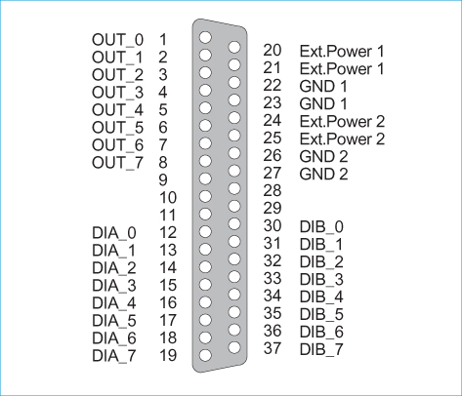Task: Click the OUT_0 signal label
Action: pyautogui.click(x=117, y=40)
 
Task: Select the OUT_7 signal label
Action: pyautogui.click(x=117, y=163)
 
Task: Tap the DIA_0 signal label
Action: pyautogui.click(x=114, y=233)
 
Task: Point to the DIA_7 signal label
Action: pyautogui.click(x=114, y=356)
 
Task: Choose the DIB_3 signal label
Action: pyautogui.click(x=321, y=280)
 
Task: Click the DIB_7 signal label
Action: pyautogui.click(x=321, y=350)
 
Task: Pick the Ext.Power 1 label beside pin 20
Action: pyautogui.click(x=342, y=52)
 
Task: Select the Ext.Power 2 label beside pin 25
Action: pyautogui.click(x=342, y=139)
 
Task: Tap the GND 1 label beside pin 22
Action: pyautogui.click(x=323, y=87)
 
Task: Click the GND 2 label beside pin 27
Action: pyautogui.click(x=323, y=175)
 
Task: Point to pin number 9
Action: pyautogui.click(x=163, y=180)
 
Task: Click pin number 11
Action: pyautogui.click(x=168, y=216)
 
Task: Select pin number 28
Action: pyautogui.click(x=273, y=190)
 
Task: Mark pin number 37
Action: pyautogui.click(x=273, y=348)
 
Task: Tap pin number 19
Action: pyautogui.click(x=168, y=356)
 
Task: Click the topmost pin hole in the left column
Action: pyautogui.click(x=205, y=37)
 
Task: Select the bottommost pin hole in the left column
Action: pyautogui.click(x=205, y=355)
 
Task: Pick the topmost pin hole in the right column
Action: pyautogui.click(x=234, y=47)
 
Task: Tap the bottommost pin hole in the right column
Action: pyautogui.click(x=234, y=347)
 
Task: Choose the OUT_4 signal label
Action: pyautogui.click(x=117, y=110)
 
